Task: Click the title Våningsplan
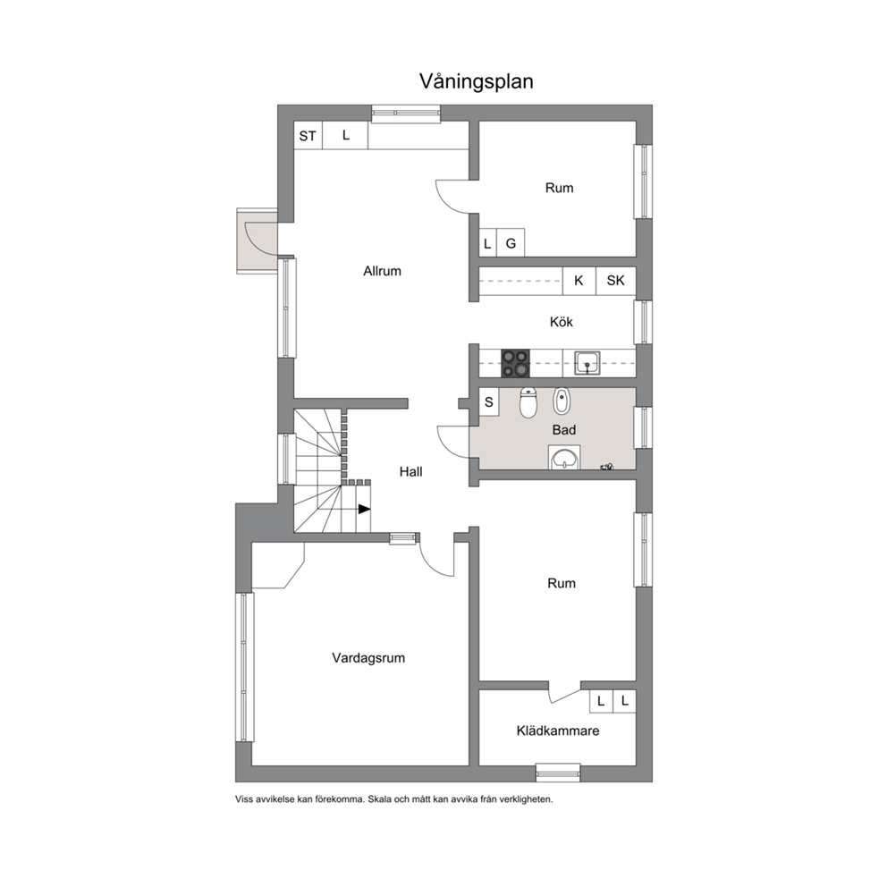[x=476, y=81]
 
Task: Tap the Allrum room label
[x=382, y=271]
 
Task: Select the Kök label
[x=562, y=322]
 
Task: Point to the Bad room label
[x=564, y=430]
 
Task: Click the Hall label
[x=410, y=472]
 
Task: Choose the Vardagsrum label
[x=368, y=658]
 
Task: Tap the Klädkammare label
[x=558, y=731]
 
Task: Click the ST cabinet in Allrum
[x=308, y=136]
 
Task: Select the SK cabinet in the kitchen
[x=615, y=281]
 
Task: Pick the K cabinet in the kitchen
[x=579, y=281]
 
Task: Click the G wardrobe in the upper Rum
[x=511, y=243]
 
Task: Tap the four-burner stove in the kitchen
[x=515, y=363]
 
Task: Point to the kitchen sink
[x=587, y=363]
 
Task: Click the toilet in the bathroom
[x=528, y=402]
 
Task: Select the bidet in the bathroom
[x=561, y=401]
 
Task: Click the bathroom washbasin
[x=564, y=457]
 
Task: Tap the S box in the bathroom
[x=489, y=402]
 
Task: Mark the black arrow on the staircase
[x=364, y=509]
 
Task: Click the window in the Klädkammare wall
[x=558, y=773]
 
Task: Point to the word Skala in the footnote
[x=379, y=799]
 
